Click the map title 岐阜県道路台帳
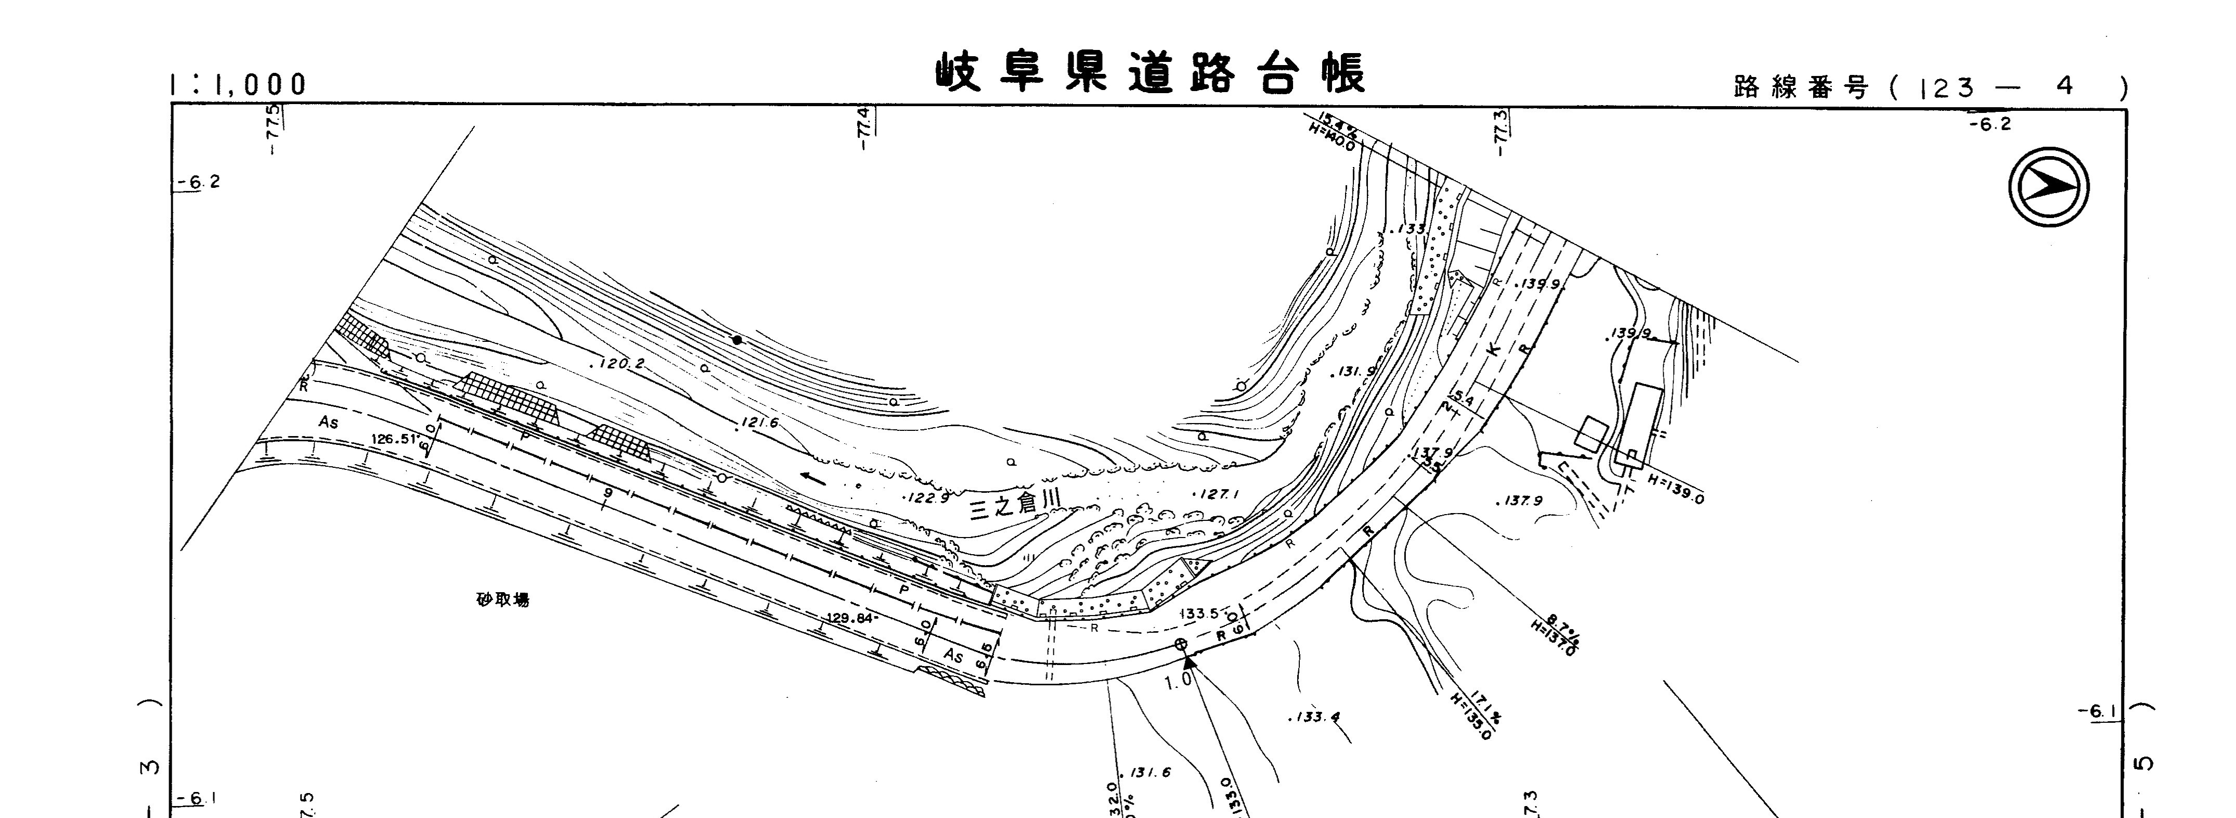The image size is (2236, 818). pyautogui.click(x=1150, y=73)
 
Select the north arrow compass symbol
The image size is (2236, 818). pyautogui.click(x=2049, y=187)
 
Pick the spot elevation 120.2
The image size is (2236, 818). pyautogui.click(x=618, y=364)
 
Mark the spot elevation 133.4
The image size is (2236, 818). pyautogui.click(x=1314, y=717)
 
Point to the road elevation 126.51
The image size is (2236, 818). pyautogui.click(x=395, y=439)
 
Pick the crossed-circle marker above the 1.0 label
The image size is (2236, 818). pyautogui.click(x=1181, y=644)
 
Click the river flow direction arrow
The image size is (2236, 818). pyautogui.click(x=813, y=476)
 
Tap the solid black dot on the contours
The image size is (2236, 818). pyautogui.click(x=737, y=339)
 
